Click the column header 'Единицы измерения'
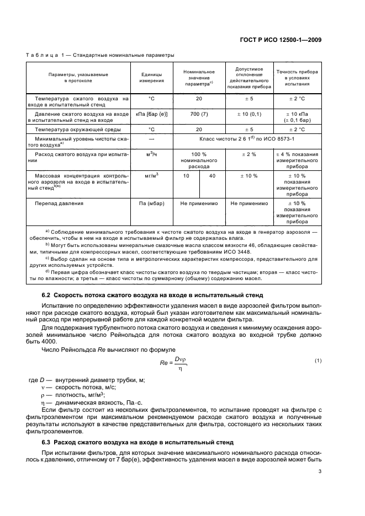click(151, 78)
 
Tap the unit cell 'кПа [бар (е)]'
click(151, 114)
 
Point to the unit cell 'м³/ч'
click(151, 154)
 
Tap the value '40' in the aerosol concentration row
click(212, 175)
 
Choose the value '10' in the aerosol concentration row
click(186, 175)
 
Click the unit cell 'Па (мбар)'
click(151, 203)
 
